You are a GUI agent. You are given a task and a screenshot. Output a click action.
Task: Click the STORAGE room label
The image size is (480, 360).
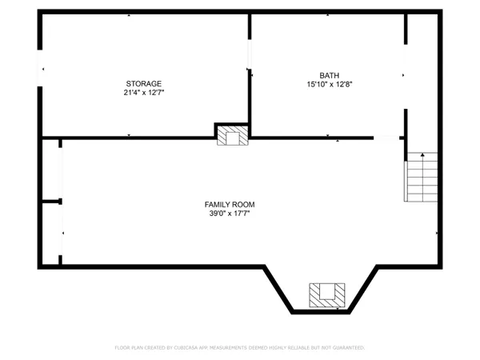(144, 84)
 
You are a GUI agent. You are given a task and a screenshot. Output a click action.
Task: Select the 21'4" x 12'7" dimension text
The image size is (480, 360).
(144, 93)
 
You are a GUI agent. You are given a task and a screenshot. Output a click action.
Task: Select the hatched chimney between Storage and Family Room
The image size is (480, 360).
(233, 136)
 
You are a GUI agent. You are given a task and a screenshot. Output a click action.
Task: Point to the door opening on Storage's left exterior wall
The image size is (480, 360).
(39, 69)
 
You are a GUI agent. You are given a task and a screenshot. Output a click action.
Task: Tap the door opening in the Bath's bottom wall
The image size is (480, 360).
(387, 138)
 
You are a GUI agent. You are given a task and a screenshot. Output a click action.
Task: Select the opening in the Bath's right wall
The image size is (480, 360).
(406, 77)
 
